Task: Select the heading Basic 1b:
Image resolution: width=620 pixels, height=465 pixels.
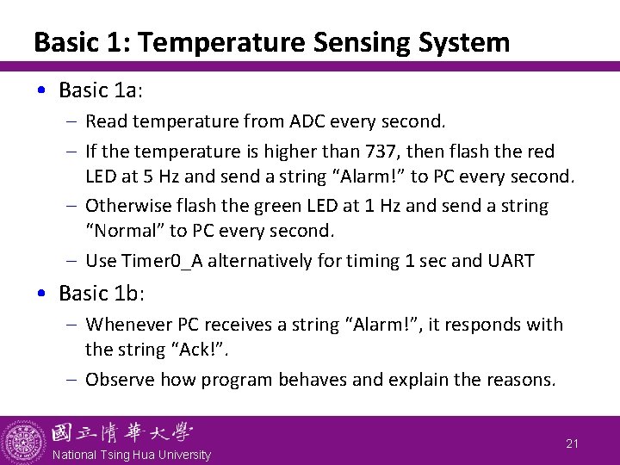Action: pyautogui.click(x=101, y=293)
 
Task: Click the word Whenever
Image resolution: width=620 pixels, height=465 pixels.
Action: pyautogui.click(x=128, y=325)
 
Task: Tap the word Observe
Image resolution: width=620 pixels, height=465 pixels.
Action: pyautogui.click(x=120, y=379)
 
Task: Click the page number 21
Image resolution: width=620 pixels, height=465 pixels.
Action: pyautogui.click(x=572, y=443)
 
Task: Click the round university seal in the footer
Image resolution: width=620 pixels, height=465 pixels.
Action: pyautogui.click(x=24, y=441)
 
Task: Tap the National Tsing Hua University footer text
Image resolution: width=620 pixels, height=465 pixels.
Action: pyautogui.click(x=131, y=455)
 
